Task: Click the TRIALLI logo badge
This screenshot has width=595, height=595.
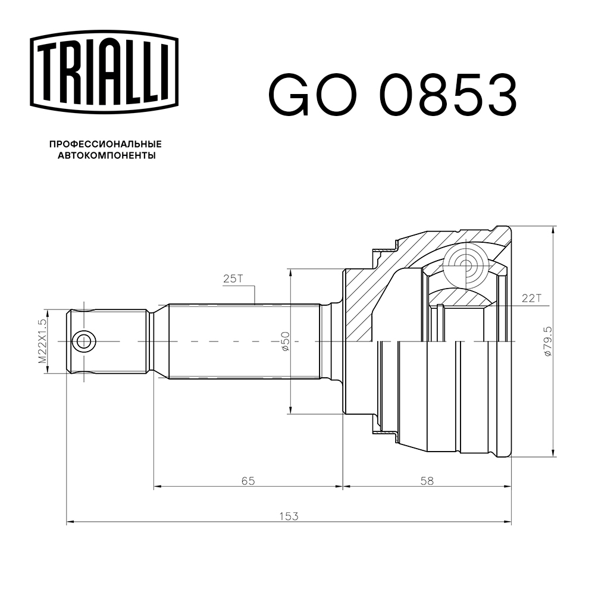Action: (x=104, y=70)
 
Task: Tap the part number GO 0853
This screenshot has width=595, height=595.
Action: (x=393, y=95)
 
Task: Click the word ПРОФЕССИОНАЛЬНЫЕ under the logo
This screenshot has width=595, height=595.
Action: (x=105, y=145)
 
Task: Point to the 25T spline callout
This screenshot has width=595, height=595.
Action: (x=233, y=278)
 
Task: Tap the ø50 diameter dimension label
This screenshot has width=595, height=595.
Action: (x=285, y=342)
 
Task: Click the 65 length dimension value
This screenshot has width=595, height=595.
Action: (x=248, y=480)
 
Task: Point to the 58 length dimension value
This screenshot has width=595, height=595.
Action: (x=426, y=480)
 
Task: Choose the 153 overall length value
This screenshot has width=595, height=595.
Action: (x=288, y=516)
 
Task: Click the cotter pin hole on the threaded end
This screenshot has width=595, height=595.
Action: (x=83, y=342)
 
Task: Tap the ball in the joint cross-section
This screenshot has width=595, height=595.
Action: (x=466, y=265)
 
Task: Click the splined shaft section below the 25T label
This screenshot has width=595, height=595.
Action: (x=244, y=342)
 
